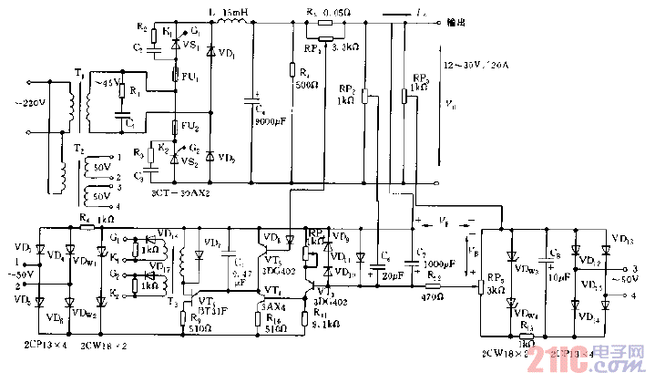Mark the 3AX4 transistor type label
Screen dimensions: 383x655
(x=273, y=307)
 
